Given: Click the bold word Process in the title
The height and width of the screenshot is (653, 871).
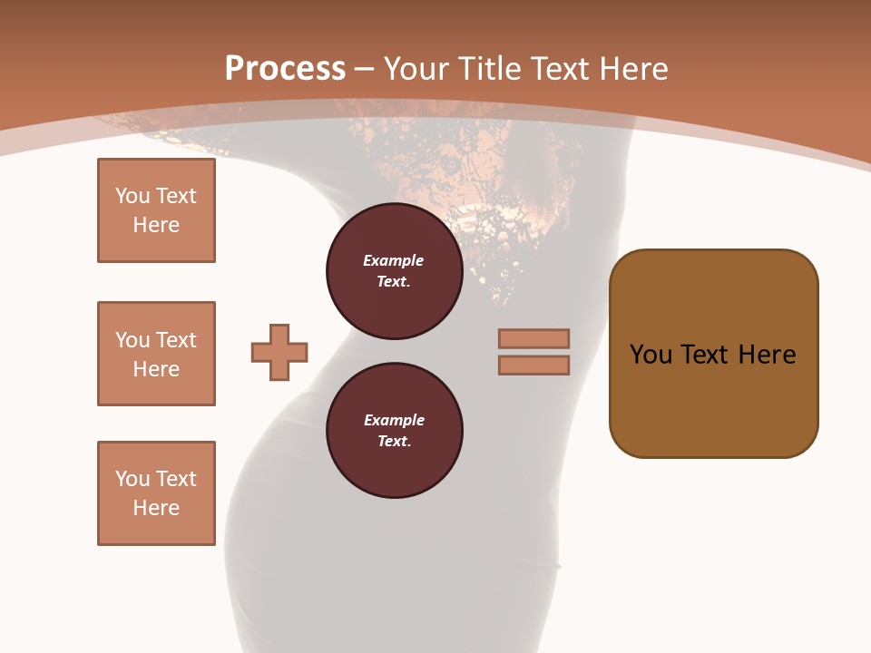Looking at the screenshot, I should tap(285, 69).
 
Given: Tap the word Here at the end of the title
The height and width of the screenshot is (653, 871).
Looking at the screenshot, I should tap(633, 69).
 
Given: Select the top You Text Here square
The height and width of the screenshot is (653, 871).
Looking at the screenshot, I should tap(156, 210).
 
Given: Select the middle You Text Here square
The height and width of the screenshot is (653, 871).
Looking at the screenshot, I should tap(156, 354).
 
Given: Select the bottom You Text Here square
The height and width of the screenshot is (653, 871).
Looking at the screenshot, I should tap(156, 493).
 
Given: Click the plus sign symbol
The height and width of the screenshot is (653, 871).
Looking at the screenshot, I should tap(279, 352).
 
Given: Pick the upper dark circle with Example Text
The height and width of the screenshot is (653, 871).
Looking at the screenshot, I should tap(395, 271).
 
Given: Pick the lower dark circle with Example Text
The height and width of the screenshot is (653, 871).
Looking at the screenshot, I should tap(395, 431).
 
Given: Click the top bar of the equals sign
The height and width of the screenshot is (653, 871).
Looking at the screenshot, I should tap(533, 338).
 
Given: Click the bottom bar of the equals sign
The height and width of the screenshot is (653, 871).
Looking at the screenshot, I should tap(533, 365).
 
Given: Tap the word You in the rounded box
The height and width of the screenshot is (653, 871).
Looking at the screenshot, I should tap(651, 355).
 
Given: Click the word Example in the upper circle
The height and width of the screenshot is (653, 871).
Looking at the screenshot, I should tap(394, 260).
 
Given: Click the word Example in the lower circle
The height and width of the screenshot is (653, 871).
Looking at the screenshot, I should tap(394, 420).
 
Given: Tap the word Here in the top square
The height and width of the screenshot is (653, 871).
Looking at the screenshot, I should tap(156, 225).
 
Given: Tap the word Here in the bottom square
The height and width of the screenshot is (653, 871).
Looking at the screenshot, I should tap(156, 508).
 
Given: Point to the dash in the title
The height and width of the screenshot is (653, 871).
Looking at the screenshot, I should tap(365, 69).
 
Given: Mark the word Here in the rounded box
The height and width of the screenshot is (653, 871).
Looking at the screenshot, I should tap(767, 355).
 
